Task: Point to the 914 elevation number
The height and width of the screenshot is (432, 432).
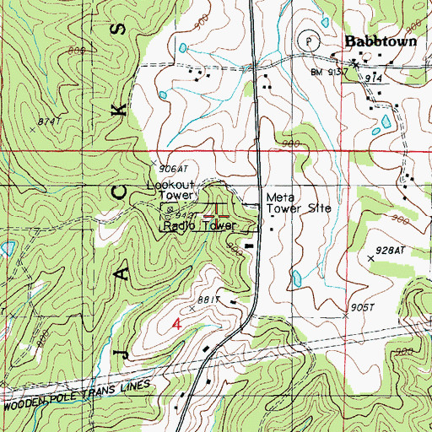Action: coord(375,77)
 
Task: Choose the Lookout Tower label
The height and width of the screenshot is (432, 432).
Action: coord(171,189)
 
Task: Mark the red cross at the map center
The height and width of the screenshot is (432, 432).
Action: coord(216,215)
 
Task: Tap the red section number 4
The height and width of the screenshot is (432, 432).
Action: coord(176,324)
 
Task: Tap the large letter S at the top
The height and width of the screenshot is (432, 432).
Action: coord(127,32)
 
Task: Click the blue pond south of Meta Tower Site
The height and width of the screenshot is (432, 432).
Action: coord(296,278)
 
